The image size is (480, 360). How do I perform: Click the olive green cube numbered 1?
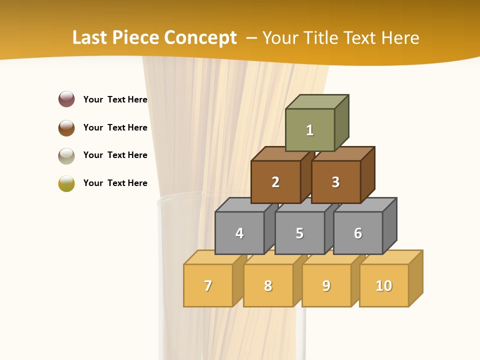point(310,130)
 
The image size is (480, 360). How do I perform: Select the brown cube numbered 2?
point(275,182)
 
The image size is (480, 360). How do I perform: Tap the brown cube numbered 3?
point(335,182)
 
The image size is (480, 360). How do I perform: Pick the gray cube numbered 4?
point(239,233)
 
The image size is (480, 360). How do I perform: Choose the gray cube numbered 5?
point(299,233)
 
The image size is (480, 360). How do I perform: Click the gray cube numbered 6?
point(357,233)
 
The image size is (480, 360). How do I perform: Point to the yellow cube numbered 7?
point(208,285)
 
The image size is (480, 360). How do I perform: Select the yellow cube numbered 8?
point(268,285)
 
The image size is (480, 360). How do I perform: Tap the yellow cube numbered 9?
point(326,285)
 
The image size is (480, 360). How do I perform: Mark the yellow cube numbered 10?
point(383,285)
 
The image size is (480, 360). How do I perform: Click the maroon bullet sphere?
point(66,99)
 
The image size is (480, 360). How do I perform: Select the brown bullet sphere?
point(66,127)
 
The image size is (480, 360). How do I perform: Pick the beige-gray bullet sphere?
point(66,155)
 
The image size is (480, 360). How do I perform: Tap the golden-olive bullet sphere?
point(66,183)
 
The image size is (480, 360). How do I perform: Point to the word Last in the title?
point(90,38)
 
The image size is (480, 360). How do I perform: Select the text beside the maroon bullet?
point(115,99)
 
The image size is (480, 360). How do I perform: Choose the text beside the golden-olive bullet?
point(115,183)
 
